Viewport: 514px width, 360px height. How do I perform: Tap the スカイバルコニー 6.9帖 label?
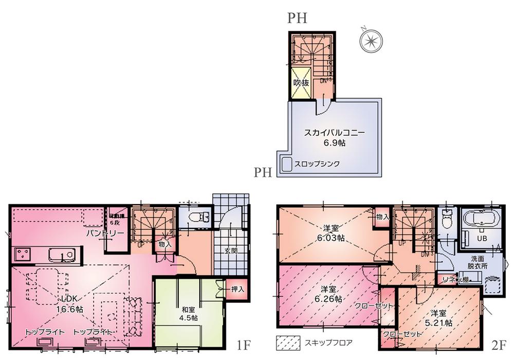334,137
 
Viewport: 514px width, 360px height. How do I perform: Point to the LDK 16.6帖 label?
71,304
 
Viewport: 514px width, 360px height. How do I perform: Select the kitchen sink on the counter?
63,255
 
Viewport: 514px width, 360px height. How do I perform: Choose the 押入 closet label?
237,290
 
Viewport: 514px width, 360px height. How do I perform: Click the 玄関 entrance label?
230,251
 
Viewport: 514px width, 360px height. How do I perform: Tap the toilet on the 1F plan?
197,218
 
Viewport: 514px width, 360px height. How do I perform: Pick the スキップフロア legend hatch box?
288,342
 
